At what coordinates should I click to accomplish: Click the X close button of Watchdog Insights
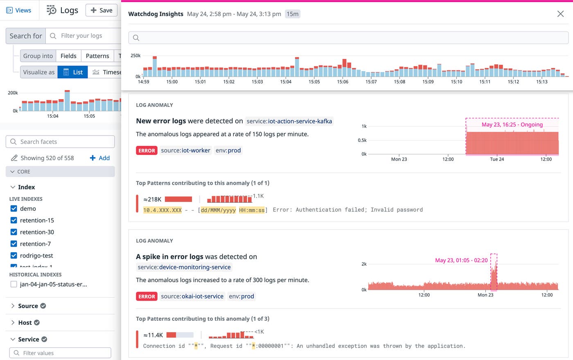(560, 14)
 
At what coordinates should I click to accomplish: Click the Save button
(102, 10)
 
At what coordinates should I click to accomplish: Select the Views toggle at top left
(19, 10)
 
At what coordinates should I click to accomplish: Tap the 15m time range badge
(293, 14)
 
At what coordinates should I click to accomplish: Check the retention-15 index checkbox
(14, 220)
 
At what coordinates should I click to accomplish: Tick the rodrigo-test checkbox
(14, 256)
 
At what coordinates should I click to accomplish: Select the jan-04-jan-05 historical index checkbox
(14, 284)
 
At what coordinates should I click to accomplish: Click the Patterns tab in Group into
(97, 56)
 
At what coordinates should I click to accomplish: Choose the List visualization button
(73, 72)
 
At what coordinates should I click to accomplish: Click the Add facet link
(100, 158)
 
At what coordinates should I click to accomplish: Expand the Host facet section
(25, 323)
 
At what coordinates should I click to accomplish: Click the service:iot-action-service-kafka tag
(289, 121)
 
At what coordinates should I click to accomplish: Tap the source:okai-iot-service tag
(192, 296)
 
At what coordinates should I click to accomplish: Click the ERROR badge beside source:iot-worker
(147, 151)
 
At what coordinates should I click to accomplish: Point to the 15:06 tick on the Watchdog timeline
(343, 82)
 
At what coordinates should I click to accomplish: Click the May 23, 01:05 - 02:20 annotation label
(461, 260)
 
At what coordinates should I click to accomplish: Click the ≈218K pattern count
(152, 199)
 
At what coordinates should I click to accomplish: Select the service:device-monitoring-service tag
(184, 267)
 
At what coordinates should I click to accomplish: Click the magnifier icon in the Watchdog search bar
(136, 38)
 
